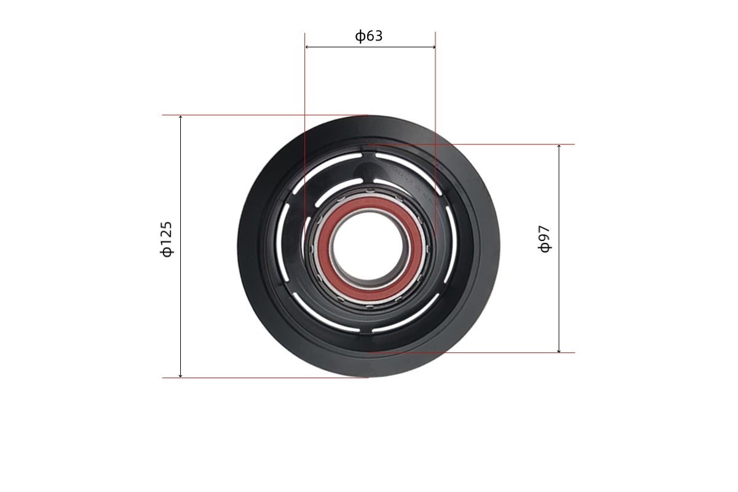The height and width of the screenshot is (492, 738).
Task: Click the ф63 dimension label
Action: pos(368,36)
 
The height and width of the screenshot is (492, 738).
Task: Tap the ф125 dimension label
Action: pos(167,239)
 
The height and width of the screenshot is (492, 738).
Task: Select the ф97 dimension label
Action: pos(545,239)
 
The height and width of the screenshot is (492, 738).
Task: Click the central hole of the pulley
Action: pos(370,247)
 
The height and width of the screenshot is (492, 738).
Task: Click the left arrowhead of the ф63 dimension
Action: pos(307,47)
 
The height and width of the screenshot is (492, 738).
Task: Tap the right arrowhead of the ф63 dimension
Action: pos(434,47)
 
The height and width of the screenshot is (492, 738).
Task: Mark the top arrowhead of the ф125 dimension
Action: pos(180,117)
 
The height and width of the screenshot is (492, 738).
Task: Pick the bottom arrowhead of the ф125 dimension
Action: pos(180,375)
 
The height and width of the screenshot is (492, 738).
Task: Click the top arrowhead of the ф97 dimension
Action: pos(559,146)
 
